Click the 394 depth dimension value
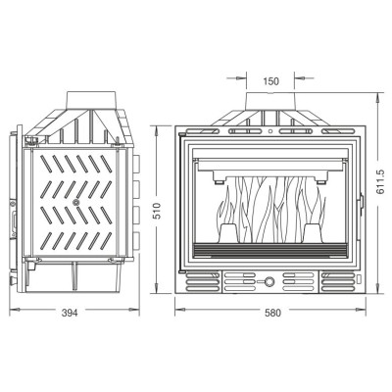tap(70, 313)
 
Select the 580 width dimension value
tap(272, 313)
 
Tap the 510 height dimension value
tap(157, 211)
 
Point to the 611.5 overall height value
tap(381, 182)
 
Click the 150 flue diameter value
tap(271, 81)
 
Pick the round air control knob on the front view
tap(269, 281)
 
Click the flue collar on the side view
tap(91, 100)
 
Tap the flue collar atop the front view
tap(270, 101)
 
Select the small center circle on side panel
tap(75, 203)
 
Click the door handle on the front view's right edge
tap(362, 204)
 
